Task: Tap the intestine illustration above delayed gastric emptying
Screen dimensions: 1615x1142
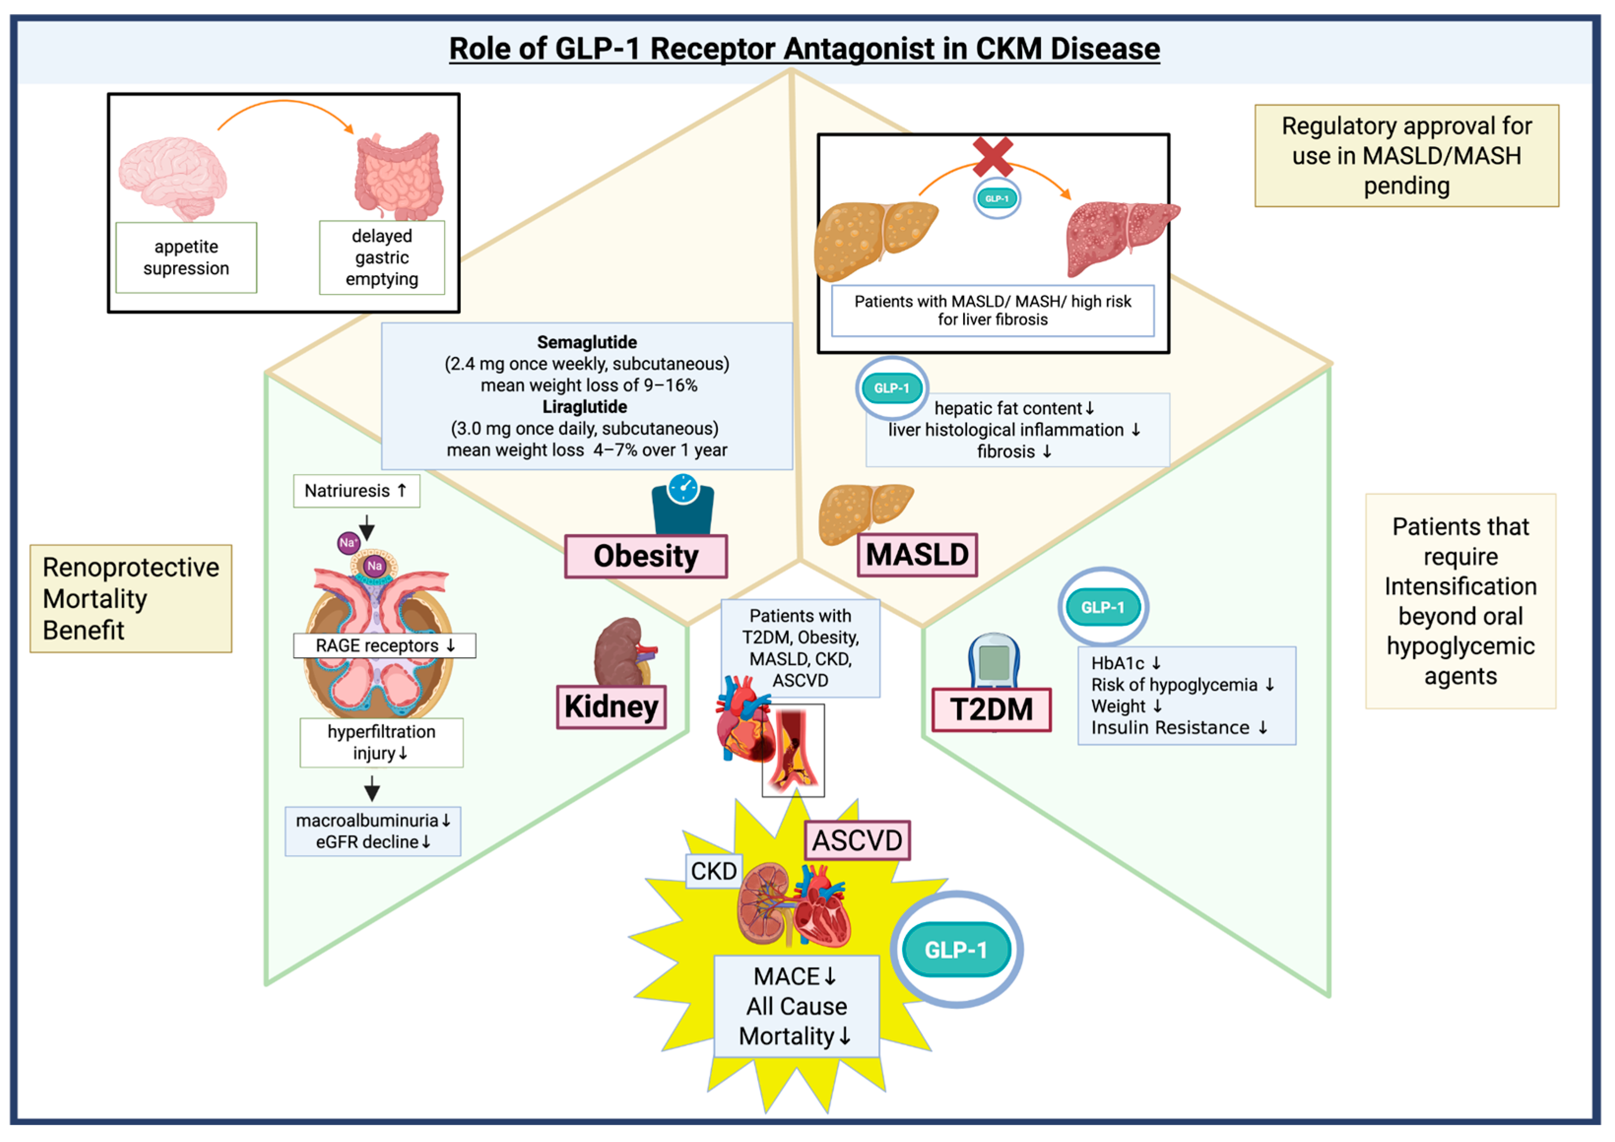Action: (399, 176)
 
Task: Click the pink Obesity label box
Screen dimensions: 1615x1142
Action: (646, 556)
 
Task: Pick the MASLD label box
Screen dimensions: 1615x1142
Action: (917, 555)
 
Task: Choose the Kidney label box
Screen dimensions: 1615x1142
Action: (611, 707)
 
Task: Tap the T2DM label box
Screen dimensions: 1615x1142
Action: (992, 709)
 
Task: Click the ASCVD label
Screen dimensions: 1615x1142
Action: (857, 840)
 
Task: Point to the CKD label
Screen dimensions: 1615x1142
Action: (714, 871)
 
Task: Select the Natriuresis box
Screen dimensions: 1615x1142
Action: (356, 491)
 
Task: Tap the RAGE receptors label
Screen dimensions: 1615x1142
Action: (385, 645)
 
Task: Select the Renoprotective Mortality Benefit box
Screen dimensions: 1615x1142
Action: (131, 599)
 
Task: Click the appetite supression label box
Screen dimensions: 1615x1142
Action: (187, 257)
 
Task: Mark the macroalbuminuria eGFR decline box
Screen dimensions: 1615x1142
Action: (373, 831)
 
